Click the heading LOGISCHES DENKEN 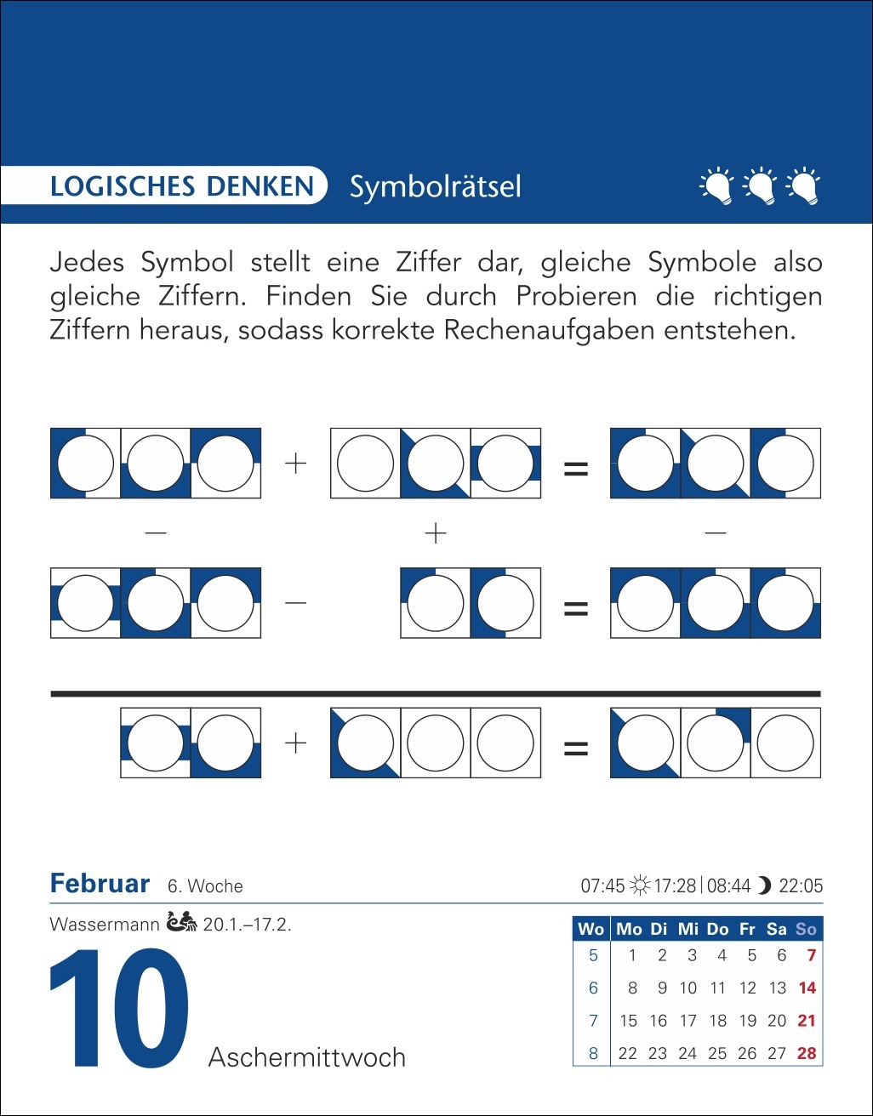click(x=182, y=186)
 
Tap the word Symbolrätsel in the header click(x=435, y=186)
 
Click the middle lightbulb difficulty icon click(x=759, y=186)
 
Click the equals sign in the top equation click(x=576, y=468)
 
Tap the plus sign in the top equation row click(x=295, y=464)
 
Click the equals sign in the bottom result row click(x=576, y=749)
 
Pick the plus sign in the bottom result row click(x=295, y=743)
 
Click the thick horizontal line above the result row click(x=435, y=694)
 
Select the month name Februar click(x=100, y=884)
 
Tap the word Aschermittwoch click(x=307, y=1057)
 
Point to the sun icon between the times click(x=639, y=885)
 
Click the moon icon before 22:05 click(x=764, y=885)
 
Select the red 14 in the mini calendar click(x=807, y=988)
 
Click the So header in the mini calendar click(x=806, y=929)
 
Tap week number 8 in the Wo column click(x=593, y=1053)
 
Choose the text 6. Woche click(x=205, y=886)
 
